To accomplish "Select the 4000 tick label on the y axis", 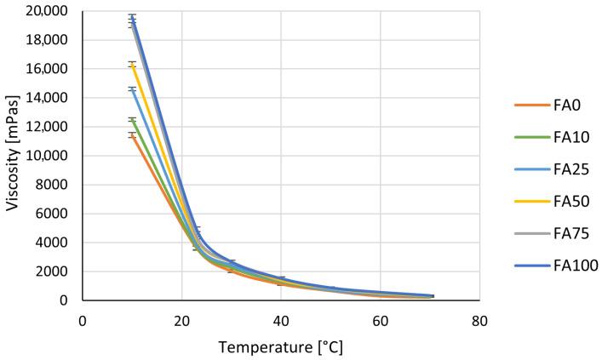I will tap(54, 243).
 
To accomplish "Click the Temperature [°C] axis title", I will tap(281, 347).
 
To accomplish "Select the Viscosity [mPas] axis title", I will tap(12, 156).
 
